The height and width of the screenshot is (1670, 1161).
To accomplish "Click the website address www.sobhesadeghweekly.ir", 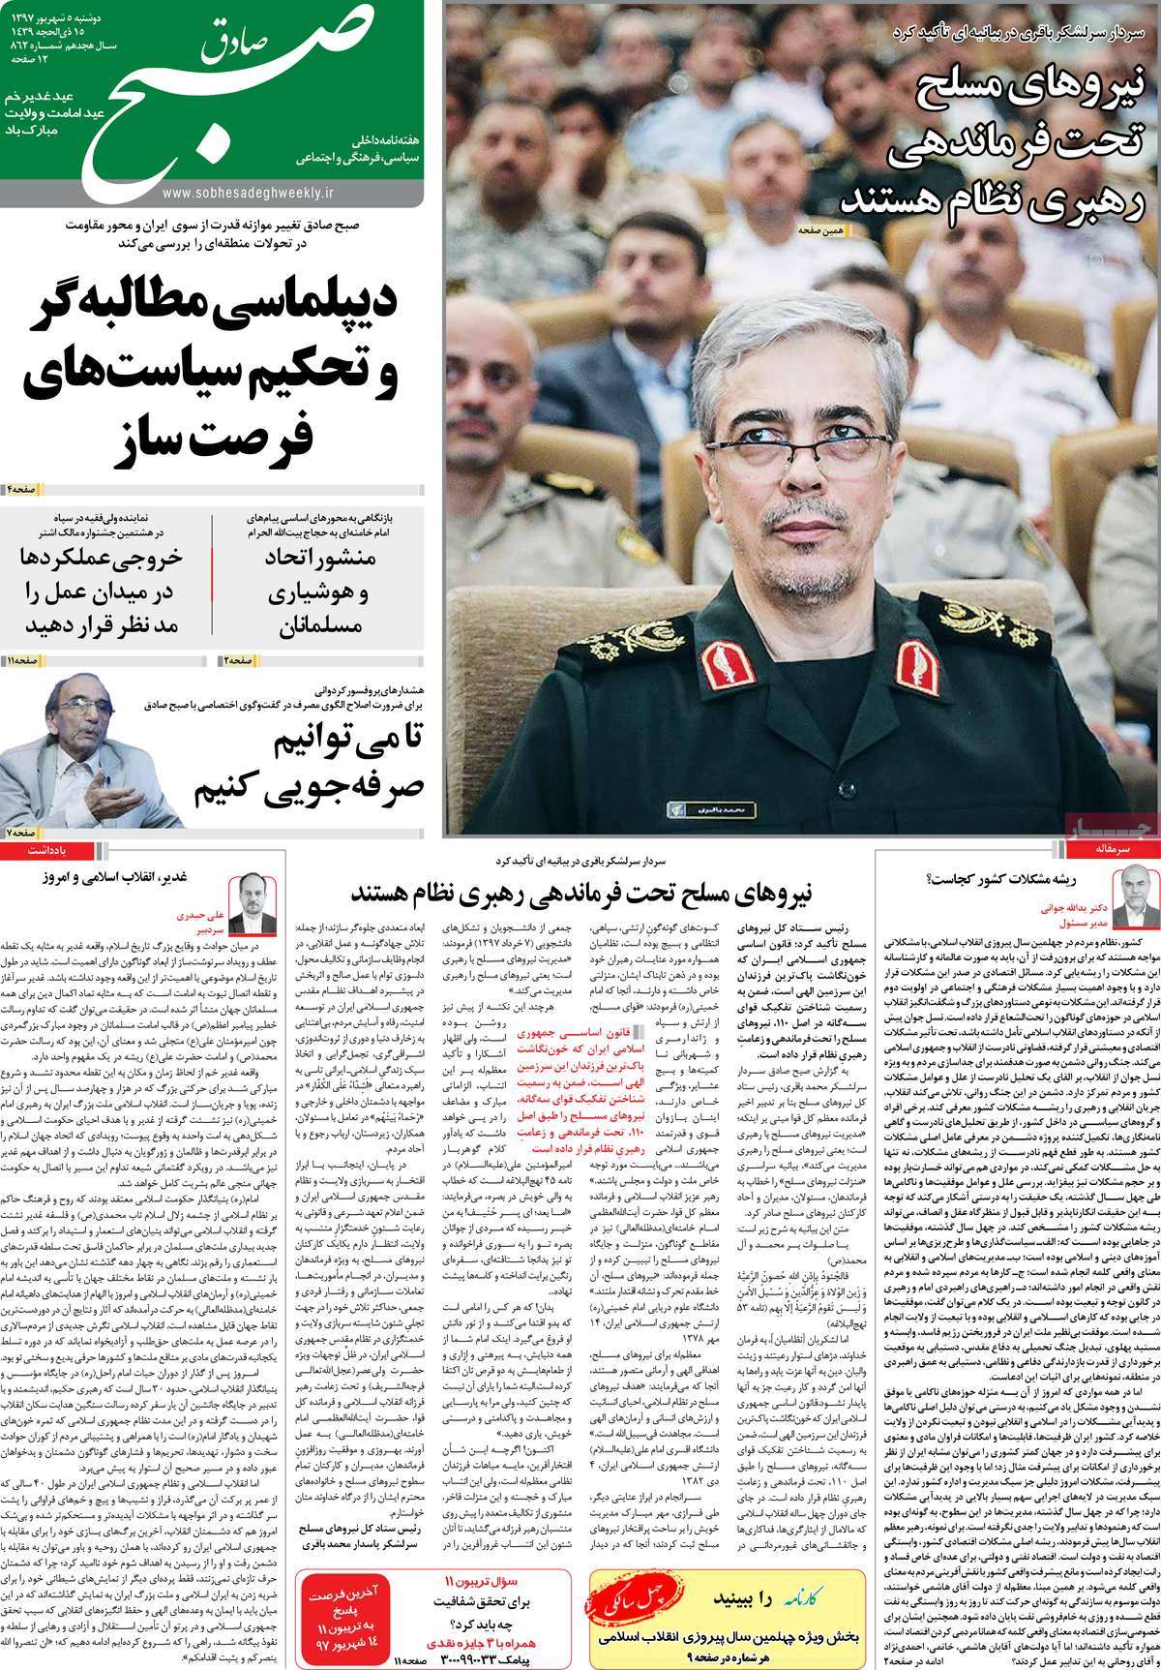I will (253, 193).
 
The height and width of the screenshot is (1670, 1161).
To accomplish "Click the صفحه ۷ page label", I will (21, 831).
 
